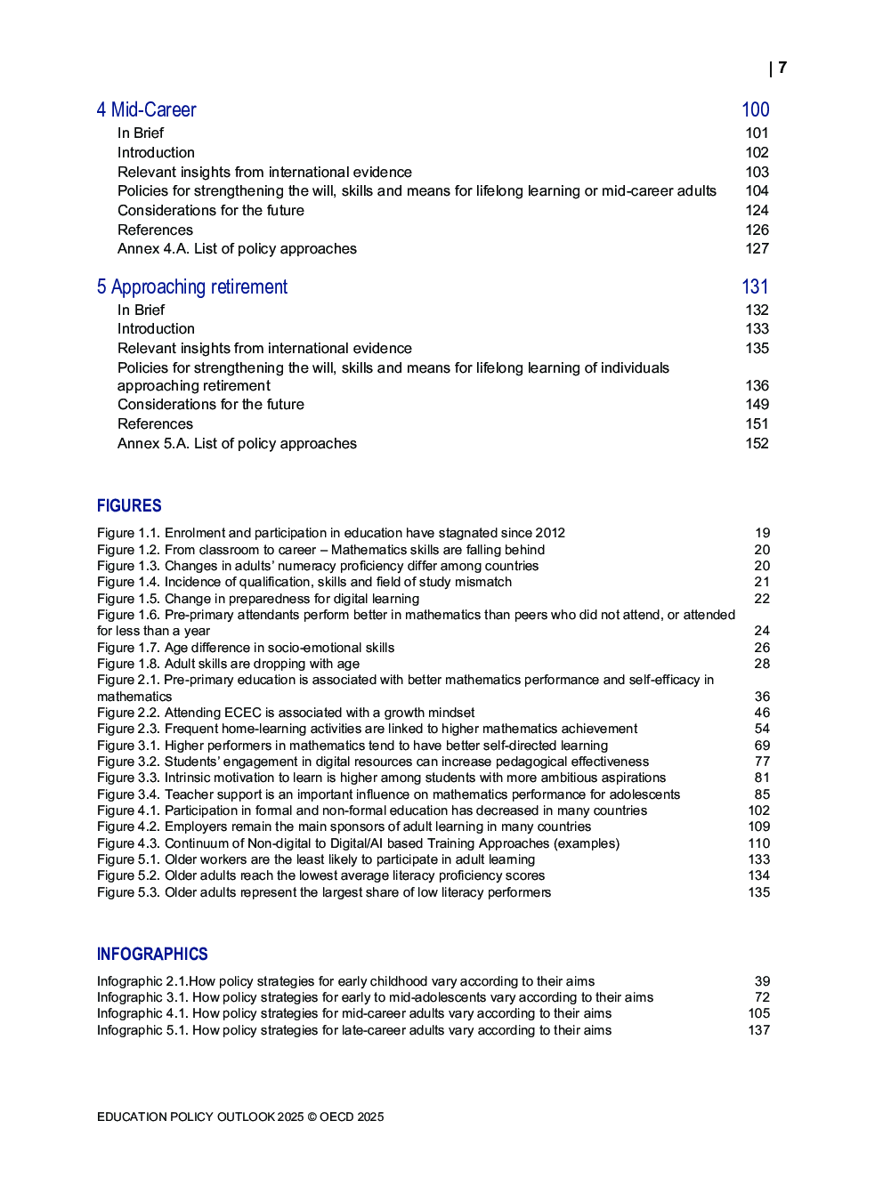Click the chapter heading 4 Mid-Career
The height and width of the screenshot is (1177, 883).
pos(146,109)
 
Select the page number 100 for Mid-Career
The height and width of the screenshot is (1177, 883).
pos(755,109)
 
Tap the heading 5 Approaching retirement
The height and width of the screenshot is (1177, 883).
pos(192,286)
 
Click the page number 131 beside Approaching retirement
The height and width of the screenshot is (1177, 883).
pos(755,286)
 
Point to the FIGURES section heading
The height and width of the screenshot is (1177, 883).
pos(129,505)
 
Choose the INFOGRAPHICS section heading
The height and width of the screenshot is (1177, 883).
pos(152,954)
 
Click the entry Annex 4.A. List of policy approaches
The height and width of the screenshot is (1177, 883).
pos(237,249)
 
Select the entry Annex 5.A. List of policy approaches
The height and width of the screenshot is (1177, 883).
pos(237,443)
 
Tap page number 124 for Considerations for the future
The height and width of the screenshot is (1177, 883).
pos(757,210)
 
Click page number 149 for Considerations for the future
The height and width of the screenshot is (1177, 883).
pos(757,405)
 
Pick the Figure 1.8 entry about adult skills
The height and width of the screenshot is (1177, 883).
pos(229,664)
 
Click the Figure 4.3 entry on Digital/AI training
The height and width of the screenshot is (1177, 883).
pos(358,843)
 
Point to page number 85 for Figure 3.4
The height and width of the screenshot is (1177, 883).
pos(762,794)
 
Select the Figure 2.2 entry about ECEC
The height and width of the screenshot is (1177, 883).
pos(286,713)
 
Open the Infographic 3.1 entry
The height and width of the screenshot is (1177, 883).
pos(375,997)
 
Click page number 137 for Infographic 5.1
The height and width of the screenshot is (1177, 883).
pos(758,1030)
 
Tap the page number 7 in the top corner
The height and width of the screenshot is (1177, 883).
pos(782,68)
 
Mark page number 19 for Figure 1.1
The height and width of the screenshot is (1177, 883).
pos(762,533)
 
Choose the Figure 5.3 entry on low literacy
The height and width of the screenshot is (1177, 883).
pos(324,892)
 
